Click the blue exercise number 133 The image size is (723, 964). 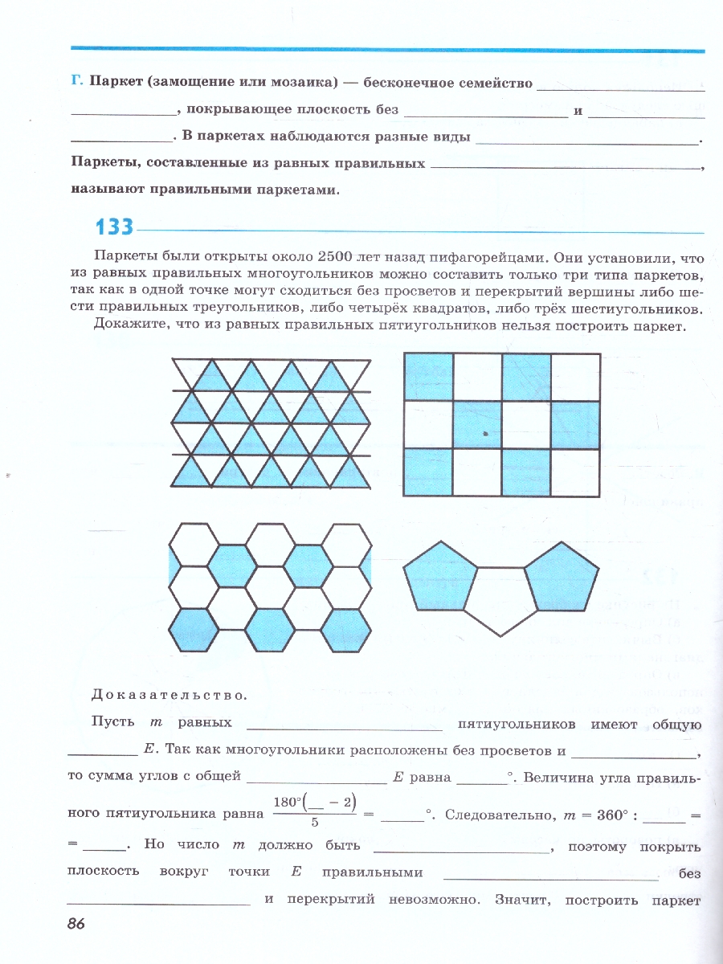(x=114, y=227)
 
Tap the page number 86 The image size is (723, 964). (x=76, y=924)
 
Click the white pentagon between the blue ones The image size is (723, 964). (x=500, y=601)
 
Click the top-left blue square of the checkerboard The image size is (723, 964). (x=428, y=376)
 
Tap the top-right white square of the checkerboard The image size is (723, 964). (x=575, y=376)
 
